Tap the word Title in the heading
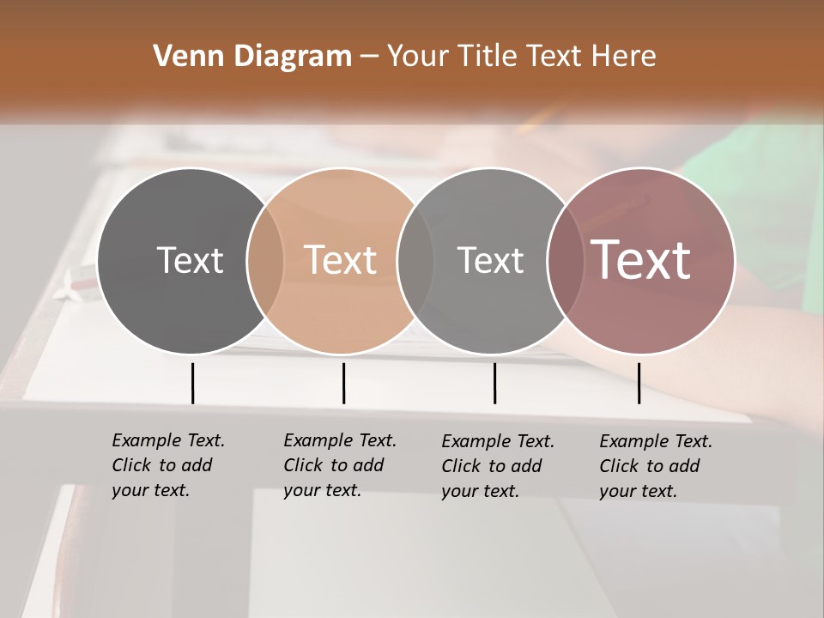pos(487,57)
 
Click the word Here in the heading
pos(624,57)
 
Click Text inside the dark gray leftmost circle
pos(190,260)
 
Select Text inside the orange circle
pos(340,260)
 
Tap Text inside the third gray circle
pos(490,260)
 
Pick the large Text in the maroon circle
pos(641,260)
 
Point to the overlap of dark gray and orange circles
pos(265,260)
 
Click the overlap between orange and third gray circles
pos(415,260)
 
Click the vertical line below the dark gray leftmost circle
pos(192,383)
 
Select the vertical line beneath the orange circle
pos(343,383)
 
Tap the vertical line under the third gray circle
pos(494,383)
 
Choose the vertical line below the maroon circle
pos(639,383)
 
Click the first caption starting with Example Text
pos(168,465)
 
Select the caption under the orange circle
pos(340,465)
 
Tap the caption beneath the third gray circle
pos(498,466)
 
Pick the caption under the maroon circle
pos(656,466)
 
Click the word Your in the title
pos(418,57)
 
